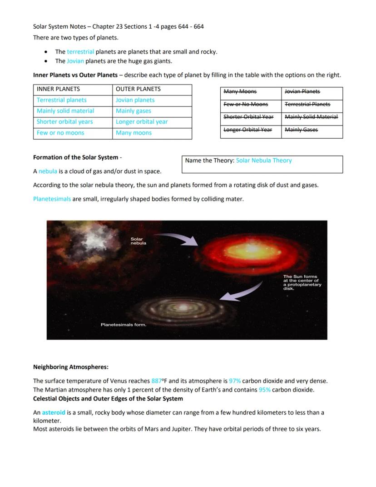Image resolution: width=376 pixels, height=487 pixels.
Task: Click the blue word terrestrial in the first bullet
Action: click(80, 52)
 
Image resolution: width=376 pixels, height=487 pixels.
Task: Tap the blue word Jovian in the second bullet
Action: click(75, 61)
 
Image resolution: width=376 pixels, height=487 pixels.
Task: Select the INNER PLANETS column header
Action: click(58, 89)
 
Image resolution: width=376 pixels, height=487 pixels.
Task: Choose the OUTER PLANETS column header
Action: click(138, 89)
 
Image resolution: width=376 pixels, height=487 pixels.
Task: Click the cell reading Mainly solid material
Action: click(65, 111)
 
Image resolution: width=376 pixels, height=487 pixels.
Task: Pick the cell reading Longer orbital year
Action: click(142, 122)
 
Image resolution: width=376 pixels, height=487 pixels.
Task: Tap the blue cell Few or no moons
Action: click(60, 133)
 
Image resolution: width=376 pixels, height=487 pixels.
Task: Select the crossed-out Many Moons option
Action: click(240, 92)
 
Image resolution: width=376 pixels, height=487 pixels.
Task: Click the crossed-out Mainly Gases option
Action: click(301, 130)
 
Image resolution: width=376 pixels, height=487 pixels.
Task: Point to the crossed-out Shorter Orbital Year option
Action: click(248, 117)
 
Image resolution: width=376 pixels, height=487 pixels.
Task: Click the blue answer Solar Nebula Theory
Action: click(264, 161)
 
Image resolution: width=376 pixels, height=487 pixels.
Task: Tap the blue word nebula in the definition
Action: click(48, 171)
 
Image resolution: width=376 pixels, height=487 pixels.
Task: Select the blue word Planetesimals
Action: click(52, 199)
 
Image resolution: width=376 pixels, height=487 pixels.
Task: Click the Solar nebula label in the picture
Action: click(139, 241)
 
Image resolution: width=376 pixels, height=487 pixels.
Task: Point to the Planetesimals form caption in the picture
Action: click(123, 325)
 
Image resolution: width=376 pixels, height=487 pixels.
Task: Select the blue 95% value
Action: click(265, 390)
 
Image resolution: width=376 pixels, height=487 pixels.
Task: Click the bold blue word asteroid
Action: click(54, 413)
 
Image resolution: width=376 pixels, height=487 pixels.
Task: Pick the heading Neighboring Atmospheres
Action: click(71, 367)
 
